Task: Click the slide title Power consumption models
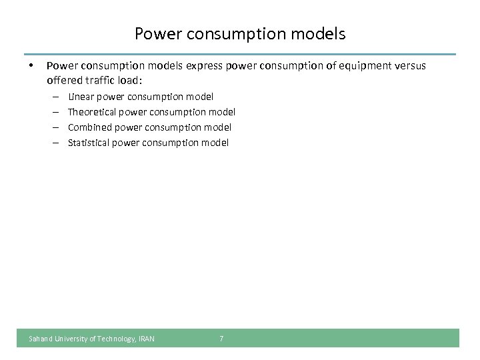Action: click(240, 33)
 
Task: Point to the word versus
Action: click(409, 66)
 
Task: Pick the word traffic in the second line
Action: click(100, 81)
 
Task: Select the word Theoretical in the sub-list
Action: click(92, 112)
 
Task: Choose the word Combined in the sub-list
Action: click(90, 127)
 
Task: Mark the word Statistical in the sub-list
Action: click(89, 142)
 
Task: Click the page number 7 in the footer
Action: click(222, 339)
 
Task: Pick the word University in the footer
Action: click(70, 339)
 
